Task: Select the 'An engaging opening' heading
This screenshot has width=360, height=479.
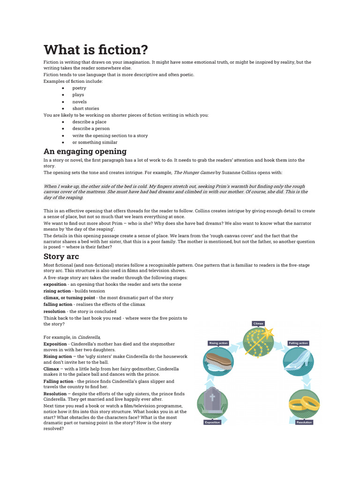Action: pos(85,151)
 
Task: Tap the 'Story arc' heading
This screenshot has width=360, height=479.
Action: pos(61,256)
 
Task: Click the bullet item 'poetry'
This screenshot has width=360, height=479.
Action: pos(79,88)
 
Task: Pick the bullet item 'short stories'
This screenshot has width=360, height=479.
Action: pos(85,108)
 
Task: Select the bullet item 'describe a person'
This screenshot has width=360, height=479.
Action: pos(90,129)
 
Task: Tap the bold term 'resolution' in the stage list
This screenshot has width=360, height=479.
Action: pos(54,311)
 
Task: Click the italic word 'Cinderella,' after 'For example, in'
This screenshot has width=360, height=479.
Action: pos(89,337)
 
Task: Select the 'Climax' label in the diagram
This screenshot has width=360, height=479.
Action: pos(259,323)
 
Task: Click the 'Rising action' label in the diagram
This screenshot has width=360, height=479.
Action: pos(218,343)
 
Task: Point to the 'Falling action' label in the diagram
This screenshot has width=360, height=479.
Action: pos(299,343)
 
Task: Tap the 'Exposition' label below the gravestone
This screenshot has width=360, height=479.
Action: pos(212,422)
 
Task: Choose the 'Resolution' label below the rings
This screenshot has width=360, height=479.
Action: pos(304,422)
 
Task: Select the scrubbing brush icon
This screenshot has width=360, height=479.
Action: pos(219,363)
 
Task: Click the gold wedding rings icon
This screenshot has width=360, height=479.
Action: pos(304,403)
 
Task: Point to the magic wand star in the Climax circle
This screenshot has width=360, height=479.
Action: pos(269,333)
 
